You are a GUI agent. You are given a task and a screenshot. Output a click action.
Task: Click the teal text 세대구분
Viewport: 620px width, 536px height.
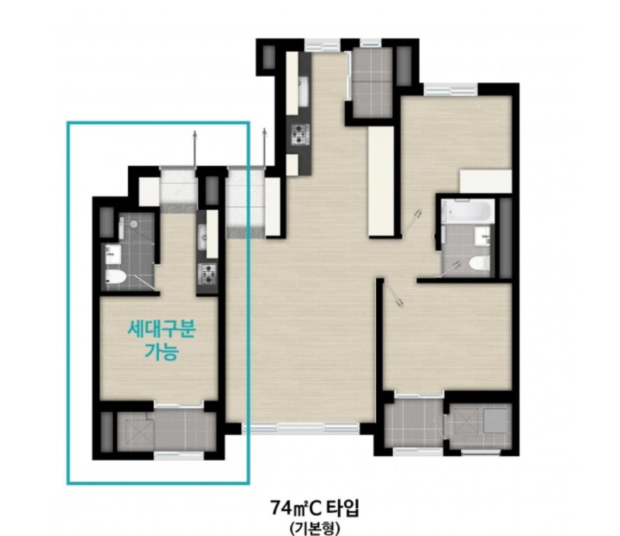click(x=161, y=329)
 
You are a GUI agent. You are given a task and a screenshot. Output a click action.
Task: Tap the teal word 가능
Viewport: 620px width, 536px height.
click(x=161, y=351)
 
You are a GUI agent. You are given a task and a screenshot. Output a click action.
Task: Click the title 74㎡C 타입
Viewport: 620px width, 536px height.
click(x=315, y=508)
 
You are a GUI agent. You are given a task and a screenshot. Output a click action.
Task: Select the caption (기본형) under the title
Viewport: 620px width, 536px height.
click(x=315, y=528)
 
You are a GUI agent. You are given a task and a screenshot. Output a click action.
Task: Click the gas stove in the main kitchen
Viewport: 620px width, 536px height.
click(x=300, y=133)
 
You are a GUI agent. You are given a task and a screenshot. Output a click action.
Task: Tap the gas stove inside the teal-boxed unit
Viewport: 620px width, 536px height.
click(x=207, y=274)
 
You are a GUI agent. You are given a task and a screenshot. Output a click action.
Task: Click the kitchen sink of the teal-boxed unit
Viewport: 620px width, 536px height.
click(x=202, y=237)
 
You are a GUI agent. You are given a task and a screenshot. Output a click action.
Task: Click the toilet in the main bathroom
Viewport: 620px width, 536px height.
click(x=479, y=263)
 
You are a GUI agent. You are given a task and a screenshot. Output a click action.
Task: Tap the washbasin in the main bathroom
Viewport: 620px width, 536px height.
click(x=482, y=236)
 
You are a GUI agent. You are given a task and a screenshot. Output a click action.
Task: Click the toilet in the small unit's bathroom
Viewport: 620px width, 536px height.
click(x=115, y=277)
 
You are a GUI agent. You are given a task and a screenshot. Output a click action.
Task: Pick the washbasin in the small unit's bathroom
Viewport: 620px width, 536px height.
click(x=113, y=253)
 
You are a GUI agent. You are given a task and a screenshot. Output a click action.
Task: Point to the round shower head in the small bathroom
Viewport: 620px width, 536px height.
click(x=134, y=224)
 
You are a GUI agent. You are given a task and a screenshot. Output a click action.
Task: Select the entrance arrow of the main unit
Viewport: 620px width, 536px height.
click(x=264, y=148)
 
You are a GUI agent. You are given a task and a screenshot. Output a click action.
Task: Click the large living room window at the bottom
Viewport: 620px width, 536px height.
click(x=301, y=428)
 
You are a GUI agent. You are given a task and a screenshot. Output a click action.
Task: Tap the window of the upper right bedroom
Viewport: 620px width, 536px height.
click(x=451, y=90)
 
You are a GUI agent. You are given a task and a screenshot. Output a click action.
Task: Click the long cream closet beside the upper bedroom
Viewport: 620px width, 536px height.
click(x=381, y=181)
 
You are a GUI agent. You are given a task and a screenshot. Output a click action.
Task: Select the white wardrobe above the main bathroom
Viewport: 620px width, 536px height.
click(x=486, y=181)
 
